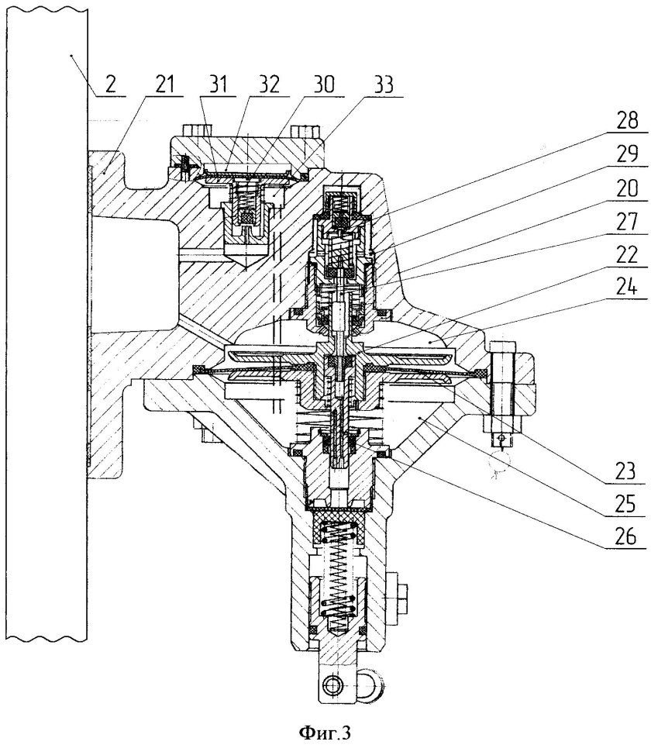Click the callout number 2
coord(110,85)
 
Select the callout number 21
coord(164,85)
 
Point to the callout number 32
coord(269,85)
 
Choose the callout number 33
coord(381,85)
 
